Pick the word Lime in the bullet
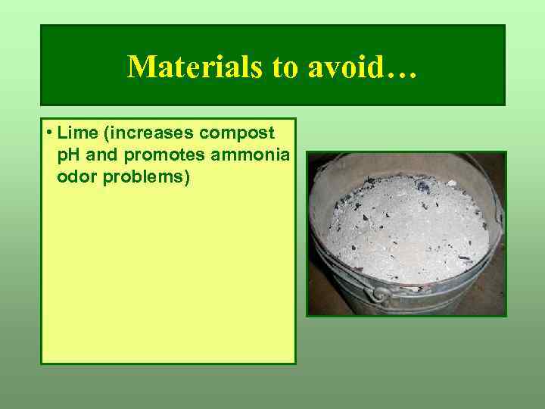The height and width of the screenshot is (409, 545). [x=73, y=133]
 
